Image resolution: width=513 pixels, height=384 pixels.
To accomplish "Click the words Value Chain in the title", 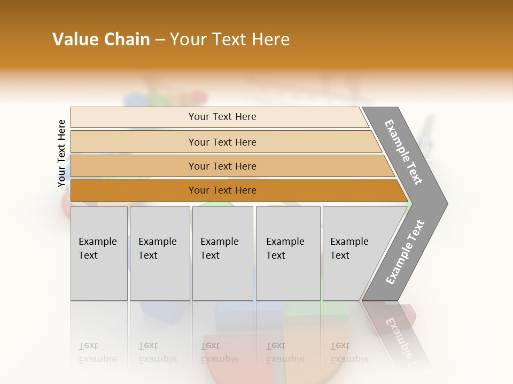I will (101, 39).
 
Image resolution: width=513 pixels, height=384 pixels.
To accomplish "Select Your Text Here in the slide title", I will (230, 39).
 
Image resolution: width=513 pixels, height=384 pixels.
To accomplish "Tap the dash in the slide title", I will (160, 40).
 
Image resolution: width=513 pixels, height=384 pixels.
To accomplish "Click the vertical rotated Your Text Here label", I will (61, 153).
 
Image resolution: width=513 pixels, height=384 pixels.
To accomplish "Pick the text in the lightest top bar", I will (222, 117).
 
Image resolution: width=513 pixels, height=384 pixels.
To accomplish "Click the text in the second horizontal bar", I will (222, 142).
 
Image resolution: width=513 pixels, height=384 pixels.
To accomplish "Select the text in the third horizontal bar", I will (222, 166).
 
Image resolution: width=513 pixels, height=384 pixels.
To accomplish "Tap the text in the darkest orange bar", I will (222, 190).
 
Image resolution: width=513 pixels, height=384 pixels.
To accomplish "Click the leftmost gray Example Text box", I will (99, 253).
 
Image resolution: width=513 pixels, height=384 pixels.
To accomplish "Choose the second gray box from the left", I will (159, 253).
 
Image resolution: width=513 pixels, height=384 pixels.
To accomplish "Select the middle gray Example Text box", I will (222, 253).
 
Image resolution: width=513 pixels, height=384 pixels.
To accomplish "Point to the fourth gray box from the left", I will (288, 253).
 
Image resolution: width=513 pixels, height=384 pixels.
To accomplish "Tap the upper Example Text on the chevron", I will (403, 152).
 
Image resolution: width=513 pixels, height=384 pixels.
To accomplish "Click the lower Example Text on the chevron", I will (405, 252).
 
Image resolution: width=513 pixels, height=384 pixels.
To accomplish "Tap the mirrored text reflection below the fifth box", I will (349, 352).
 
